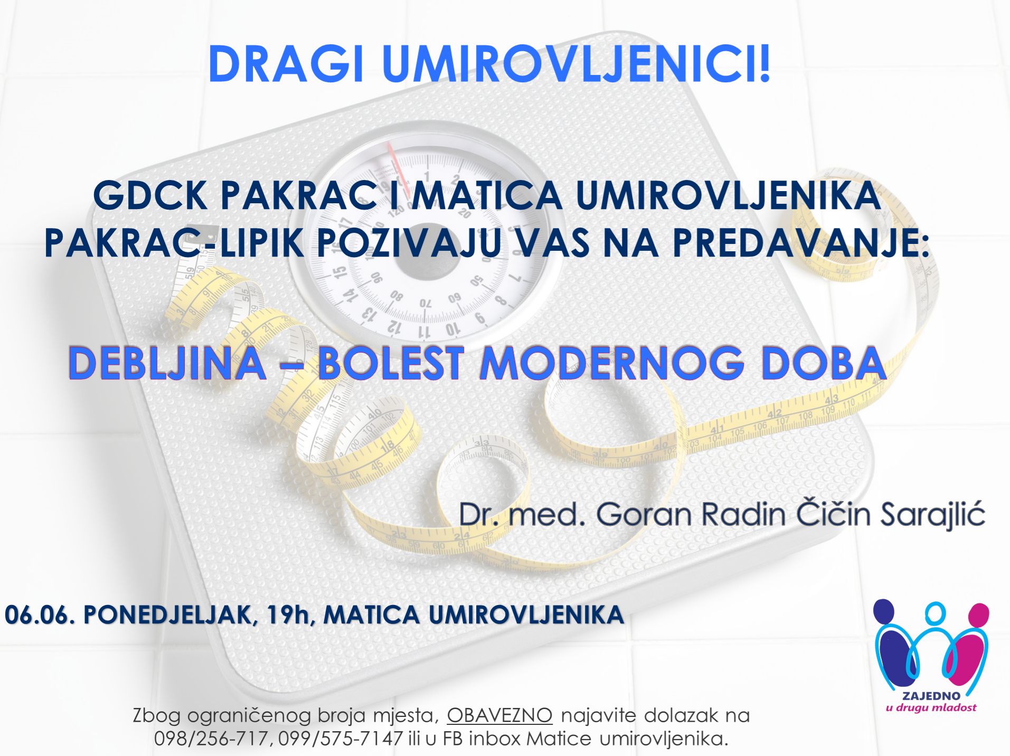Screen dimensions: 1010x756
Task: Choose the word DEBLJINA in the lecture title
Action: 167,363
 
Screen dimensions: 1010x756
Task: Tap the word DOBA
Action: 824,363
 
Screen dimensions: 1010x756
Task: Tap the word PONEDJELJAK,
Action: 171,616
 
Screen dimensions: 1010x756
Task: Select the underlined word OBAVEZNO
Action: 499,715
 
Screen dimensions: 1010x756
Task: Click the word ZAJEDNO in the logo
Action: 931,696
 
